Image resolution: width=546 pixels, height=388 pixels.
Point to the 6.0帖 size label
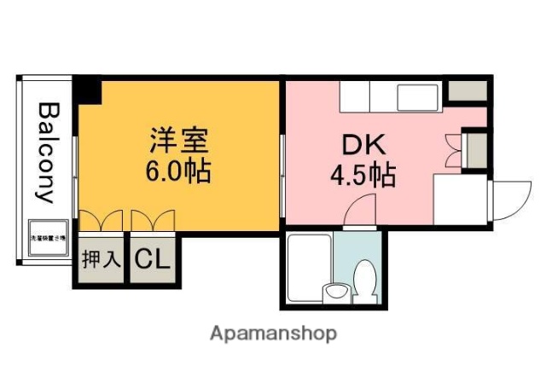tap(177, 172)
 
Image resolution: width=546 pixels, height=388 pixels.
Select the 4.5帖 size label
tap(363, 176)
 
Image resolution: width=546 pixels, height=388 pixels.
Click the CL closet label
tap(152, 258)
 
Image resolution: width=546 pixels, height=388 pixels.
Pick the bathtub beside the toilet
tap(308, 269)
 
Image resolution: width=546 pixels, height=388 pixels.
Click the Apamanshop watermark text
tap(273, 333)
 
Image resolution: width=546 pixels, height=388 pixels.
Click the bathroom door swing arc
tap(363, 209)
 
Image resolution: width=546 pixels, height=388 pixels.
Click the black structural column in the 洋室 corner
tap(86, 88)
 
